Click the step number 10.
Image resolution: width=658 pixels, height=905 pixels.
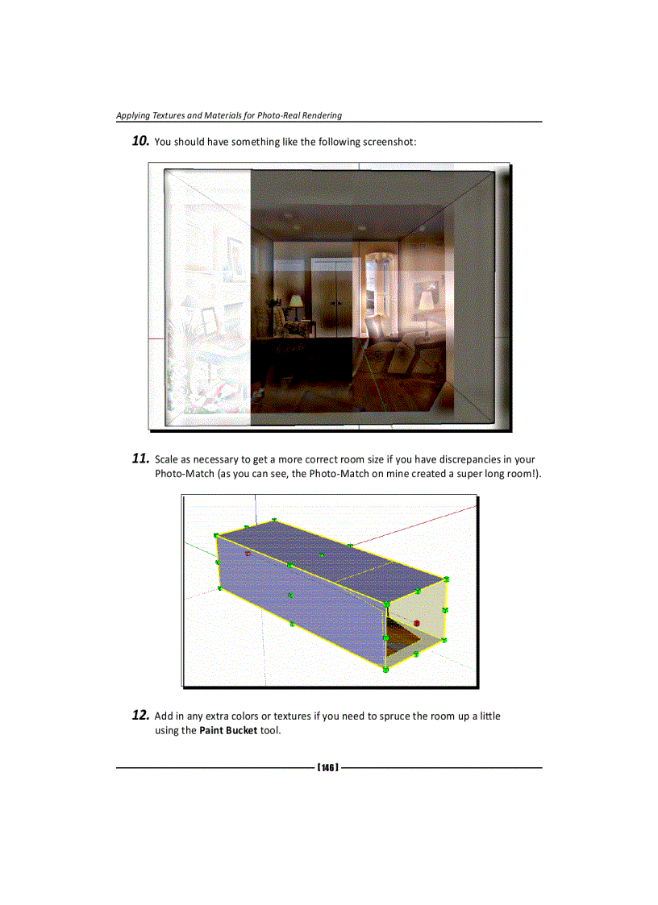[140, 142]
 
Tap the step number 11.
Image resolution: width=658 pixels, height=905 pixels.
[140, 459]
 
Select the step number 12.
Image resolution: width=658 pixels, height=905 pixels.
[140, 716]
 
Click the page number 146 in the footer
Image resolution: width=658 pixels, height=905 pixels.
[327, 767]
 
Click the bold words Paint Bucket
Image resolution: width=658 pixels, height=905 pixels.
[228, 731]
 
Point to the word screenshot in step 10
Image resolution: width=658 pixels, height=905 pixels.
[389, 143]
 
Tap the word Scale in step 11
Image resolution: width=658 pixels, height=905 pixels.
[168, 460]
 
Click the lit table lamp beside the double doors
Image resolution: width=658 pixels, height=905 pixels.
[296, 303]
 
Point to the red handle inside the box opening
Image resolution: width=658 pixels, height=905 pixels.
[416, 623]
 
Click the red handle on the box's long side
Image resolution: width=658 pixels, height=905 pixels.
[248, 554]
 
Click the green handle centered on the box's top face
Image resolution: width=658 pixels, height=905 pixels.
[321, 555]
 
